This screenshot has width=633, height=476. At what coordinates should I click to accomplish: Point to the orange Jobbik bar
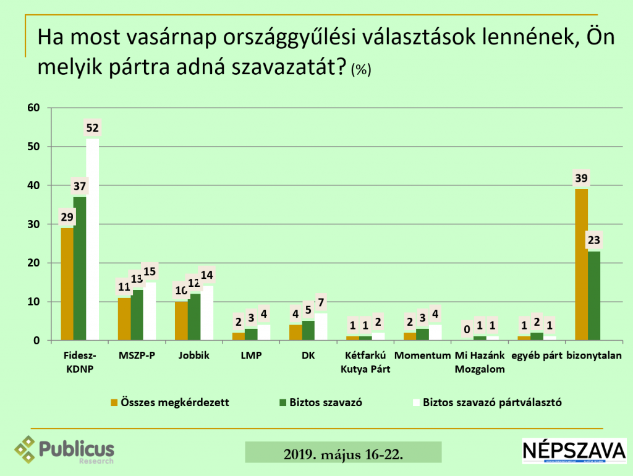pyautogui.click(x=181, y=321)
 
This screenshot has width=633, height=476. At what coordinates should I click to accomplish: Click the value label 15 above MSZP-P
pyautogui.click(x=150, y=271)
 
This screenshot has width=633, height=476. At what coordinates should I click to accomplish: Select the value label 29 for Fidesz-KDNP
pyautogui.click(x=67, y=217)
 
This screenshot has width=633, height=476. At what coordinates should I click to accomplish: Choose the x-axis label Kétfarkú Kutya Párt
pyautogui.click(x=367, y=362)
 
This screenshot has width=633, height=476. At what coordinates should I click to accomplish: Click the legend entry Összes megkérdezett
pyautogui.click(x=170, y=402)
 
